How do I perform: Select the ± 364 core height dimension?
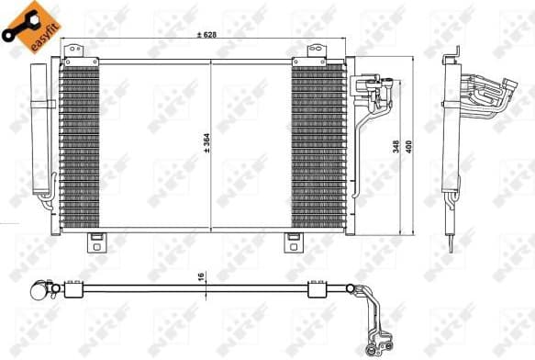(x=205, y=142)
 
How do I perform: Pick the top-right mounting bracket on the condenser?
(x=315, y=51)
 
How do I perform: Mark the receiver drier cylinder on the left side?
(x=40, y=129)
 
